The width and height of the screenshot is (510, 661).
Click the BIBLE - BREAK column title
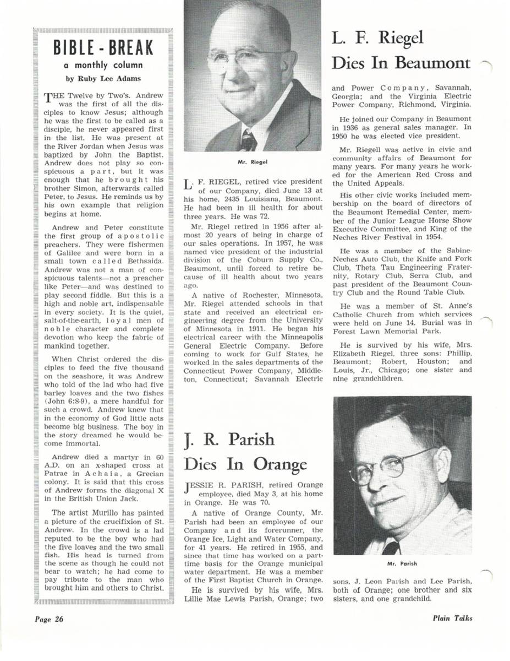click(103, 48)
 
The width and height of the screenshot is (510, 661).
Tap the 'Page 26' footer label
click(50, 619)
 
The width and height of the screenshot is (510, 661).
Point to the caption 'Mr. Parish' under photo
click(402, 564)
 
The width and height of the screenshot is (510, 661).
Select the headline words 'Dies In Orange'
click(245, 464)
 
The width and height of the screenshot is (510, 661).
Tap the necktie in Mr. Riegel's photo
click(249, 139)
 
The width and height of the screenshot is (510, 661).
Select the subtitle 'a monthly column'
click(103, 65)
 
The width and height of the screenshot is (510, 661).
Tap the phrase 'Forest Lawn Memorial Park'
click(376, 332)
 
